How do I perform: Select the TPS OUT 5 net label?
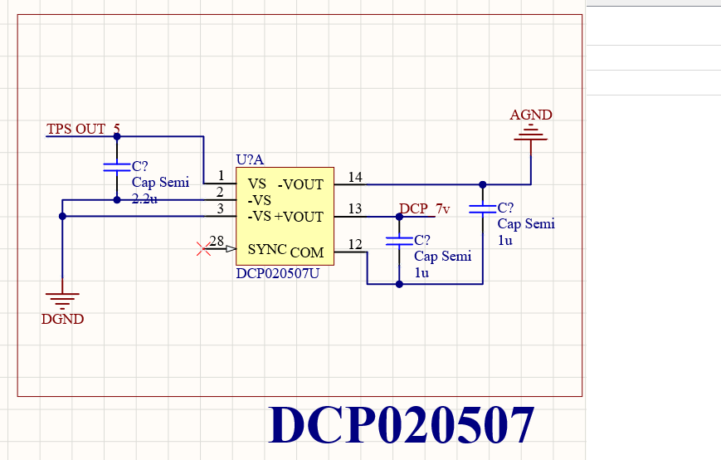coord(83,129)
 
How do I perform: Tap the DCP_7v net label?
coord(425,209)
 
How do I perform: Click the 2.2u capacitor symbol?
coord(117,167)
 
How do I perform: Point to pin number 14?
coord(355,177)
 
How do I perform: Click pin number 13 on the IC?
coord(355,209)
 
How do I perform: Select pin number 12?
coord(355,244)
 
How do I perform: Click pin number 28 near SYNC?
coord(217,241)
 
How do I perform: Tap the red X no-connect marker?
coord(203,249)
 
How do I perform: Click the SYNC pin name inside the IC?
coord(267,249)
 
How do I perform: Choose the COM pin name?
coord(307,252)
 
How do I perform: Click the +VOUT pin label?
coord(299,217)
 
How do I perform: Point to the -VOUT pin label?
coord(300,184)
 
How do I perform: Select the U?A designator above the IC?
coord(250,159)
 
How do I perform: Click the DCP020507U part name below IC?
coord(277,273)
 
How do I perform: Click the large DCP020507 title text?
coord(402,425)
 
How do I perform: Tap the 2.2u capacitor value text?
coord(144,198)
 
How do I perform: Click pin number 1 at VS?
coord(222,176)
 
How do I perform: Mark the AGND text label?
coord(531,115)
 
